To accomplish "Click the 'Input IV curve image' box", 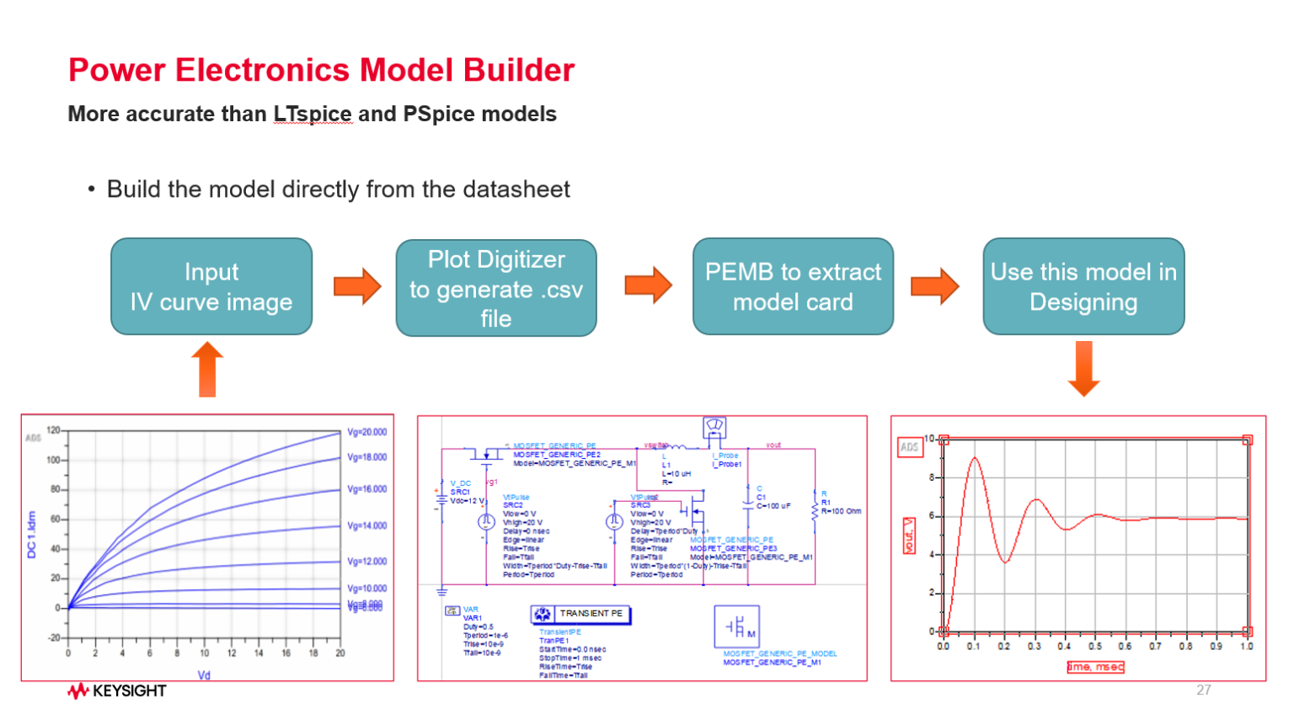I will [211, 286].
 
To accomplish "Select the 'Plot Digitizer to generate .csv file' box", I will [496, 288].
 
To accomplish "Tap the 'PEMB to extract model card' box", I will [793, 286].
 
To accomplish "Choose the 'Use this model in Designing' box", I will [1083, 286].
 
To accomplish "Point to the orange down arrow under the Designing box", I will [1083, 368].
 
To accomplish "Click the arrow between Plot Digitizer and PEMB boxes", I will [648, 285].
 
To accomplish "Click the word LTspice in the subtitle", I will [313, 114].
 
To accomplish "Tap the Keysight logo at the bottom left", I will [117, 691].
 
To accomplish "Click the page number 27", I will [1203, 690].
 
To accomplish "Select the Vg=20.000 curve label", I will [367, 432].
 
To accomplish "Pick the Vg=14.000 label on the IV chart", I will [367, 525].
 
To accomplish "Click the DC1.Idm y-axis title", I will [32, 534].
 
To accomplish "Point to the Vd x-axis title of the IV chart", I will [204, 674].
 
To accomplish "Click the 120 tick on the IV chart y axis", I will [53, 430].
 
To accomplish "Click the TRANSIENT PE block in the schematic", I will [581, 614].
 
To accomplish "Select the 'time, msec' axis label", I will [1095, 667].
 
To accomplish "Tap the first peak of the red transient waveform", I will [975, 458].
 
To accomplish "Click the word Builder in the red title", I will [519, 70].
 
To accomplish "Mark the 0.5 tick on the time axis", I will [1094, 647].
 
